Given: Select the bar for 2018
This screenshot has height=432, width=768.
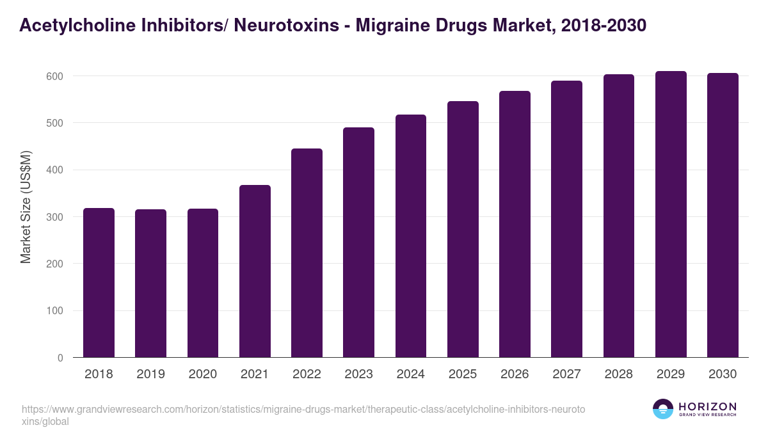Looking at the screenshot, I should point(99,283).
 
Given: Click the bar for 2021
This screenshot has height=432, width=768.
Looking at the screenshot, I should point(255,271).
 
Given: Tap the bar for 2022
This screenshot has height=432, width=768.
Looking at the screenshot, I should point(307,253).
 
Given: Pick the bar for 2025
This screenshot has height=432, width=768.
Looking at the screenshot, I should point(463,229).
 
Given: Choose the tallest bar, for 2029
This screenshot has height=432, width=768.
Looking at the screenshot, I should point(671,214).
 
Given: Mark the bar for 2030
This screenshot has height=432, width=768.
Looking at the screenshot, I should point(723,215).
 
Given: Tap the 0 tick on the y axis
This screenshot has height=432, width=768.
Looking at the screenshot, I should point(61,358).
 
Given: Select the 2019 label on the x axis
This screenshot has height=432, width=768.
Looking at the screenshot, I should point(150,374).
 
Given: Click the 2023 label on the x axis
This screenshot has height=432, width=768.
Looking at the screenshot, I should point(358,374).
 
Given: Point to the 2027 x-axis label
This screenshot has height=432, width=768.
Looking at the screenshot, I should point(566,374).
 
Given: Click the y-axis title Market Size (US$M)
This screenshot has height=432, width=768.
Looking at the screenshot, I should point(26,207).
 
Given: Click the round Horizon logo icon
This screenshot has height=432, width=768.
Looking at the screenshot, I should point(662,409).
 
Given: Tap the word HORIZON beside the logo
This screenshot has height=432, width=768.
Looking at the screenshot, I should point(707,406).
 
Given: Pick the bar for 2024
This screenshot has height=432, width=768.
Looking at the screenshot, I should point(410,236).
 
